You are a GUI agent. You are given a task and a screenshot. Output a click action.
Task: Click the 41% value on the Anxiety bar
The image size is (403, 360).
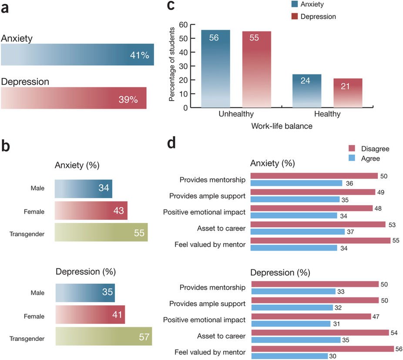click(139, 55)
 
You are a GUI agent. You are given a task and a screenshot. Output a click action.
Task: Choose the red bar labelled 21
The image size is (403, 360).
click(348, 92)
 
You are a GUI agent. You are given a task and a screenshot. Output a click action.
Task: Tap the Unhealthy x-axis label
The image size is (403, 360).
click(236, 114)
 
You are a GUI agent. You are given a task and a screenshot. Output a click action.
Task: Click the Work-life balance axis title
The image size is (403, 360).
click(281, 126)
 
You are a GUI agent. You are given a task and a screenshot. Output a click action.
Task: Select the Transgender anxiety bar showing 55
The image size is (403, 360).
click(101, 232)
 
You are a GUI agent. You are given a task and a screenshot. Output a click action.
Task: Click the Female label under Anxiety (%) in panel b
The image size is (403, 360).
click(34, 212)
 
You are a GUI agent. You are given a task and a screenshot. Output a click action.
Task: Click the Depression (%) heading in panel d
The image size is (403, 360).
click(280, 273)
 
